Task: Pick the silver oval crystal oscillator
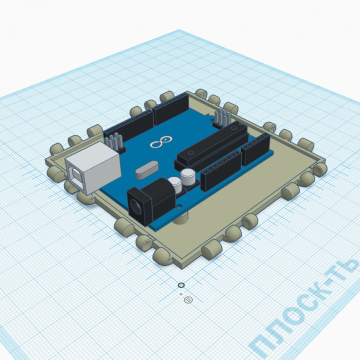coord(145,170)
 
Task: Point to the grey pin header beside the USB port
coord(115,141)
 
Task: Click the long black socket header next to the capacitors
coord(220,169)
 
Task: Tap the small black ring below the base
coord(181,285)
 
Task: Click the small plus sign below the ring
coord(181,294)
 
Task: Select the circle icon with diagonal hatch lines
coord(188,300)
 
